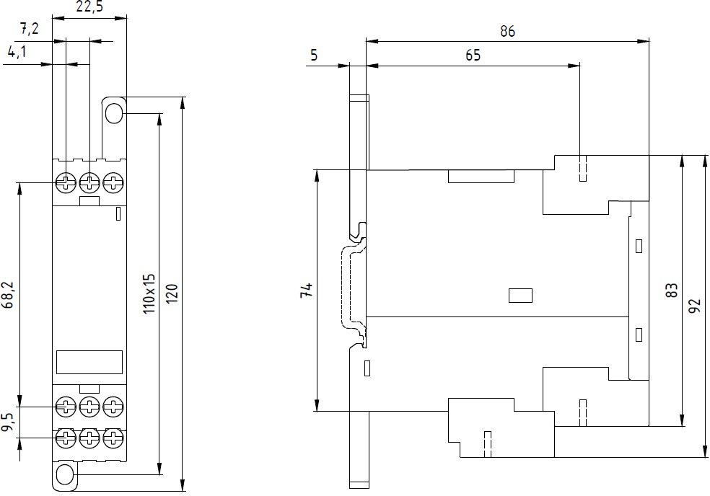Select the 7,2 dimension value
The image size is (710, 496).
point(29,30)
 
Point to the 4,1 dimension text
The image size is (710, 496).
point(19,52)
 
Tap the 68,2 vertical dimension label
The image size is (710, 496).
point(9,296)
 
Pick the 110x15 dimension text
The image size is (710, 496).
point(149,294)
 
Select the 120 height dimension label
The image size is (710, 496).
point(172,294)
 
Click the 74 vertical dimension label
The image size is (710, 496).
point(307,291)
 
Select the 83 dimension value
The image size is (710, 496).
point(672,291)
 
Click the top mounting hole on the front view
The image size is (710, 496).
point(113,113)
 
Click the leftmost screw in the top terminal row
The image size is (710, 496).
point(66,182)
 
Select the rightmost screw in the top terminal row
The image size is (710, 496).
point(113,182)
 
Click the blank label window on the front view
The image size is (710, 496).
point(89,362)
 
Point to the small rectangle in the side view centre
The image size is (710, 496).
point(520,294)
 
